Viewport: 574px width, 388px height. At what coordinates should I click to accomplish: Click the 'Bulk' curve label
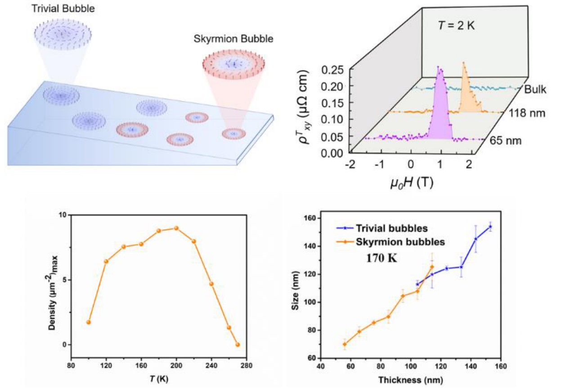pos(535,89)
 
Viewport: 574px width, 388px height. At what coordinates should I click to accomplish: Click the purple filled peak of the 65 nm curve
pos(439,112)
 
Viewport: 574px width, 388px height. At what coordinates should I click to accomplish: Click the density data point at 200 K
pos(176,228)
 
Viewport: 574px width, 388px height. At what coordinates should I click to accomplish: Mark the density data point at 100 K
pos(89,322)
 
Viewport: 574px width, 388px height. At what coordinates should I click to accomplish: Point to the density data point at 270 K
pos(238,345)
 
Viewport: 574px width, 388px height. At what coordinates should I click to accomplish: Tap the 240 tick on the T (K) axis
pos(211,365)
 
